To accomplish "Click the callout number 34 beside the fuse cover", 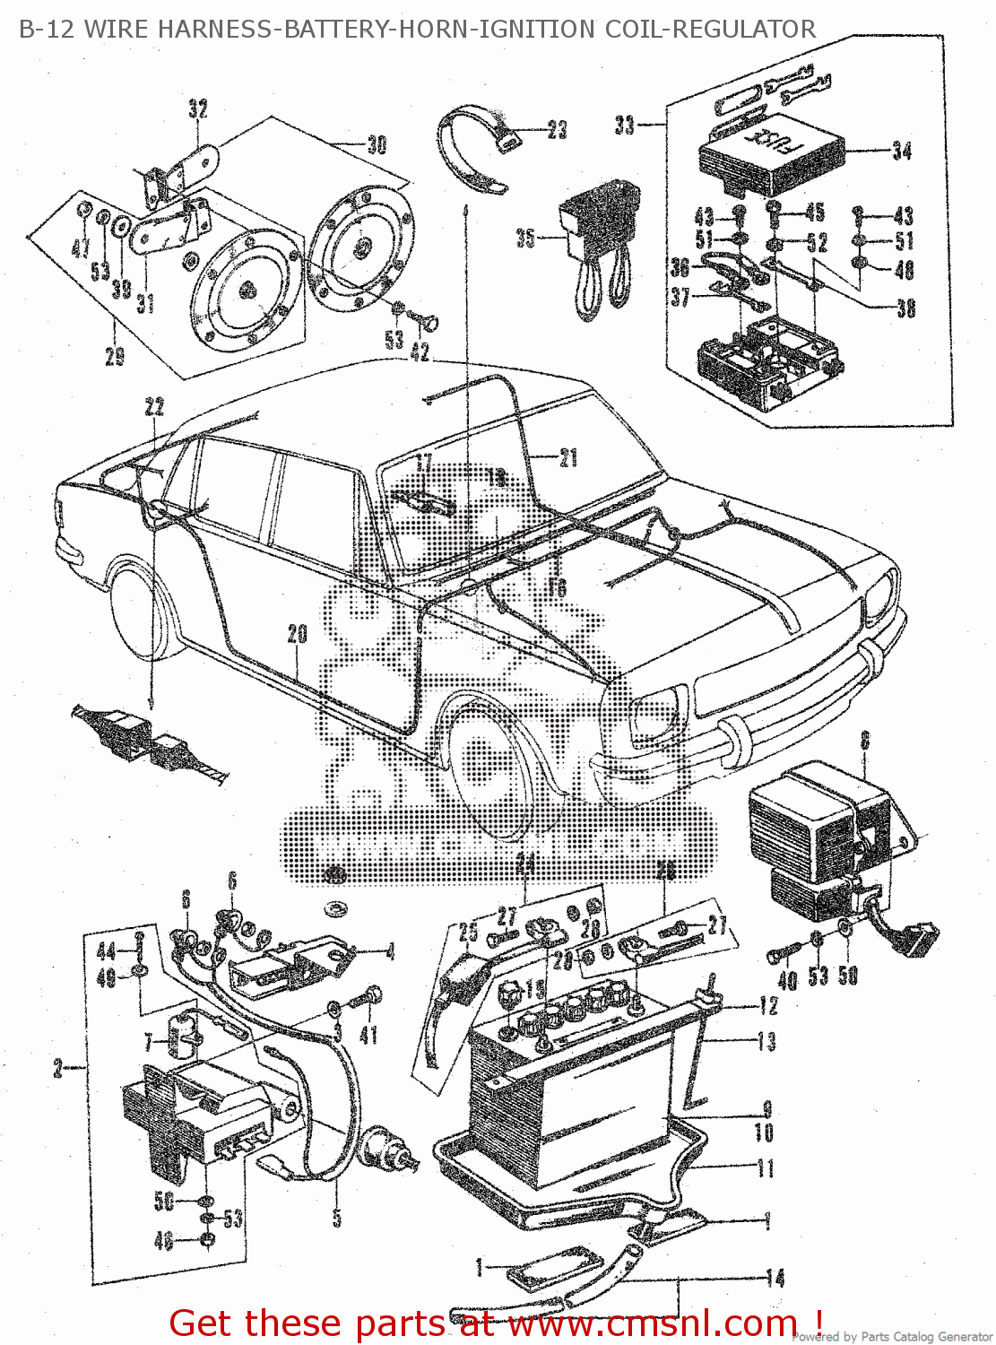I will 902,152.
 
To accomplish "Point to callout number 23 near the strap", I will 557,131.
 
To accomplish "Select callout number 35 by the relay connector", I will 525,239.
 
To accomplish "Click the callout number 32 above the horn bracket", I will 198,109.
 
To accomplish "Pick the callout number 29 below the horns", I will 115,356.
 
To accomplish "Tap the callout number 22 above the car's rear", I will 154,408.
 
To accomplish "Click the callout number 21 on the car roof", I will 568,458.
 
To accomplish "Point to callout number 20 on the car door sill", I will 298,635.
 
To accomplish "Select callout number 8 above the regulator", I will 865,741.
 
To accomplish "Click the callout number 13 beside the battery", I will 766,1042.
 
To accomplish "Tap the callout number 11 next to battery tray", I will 766,1168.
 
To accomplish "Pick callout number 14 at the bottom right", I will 775,1278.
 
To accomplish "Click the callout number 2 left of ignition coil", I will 58,1069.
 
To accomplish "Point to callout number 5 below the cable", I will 337,1218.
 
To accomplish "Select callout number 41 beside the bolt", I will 368,1036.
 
